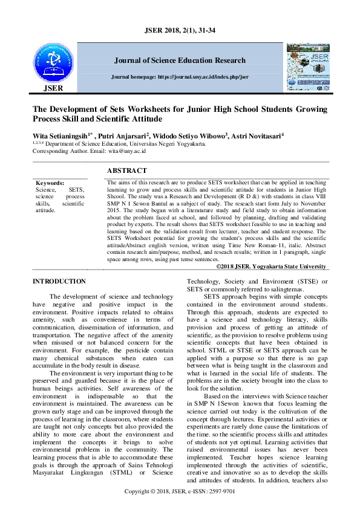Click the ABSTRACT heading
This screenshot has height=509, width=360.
click(x=126, y=171)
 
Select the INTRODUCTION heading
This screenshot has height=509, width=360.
click(x=59, y=281)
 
